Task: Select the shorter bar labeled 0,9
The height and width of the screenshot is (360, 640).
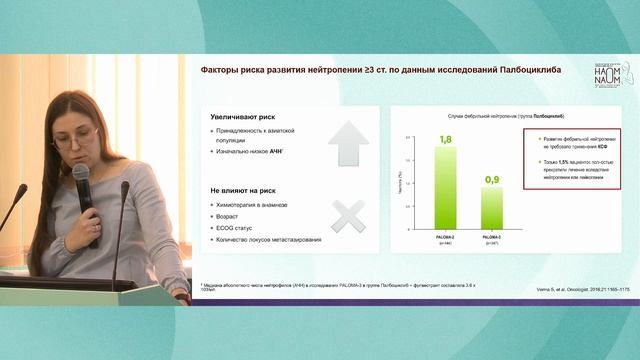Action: pos(492,207)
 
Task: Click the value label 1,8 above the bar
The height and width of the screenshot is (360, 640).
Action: pos(445,139)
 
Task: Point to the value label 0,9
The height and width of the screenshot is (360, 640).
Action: pos(492,179)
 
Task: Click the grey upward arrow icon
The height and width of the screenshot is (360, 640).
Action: pos(348,143)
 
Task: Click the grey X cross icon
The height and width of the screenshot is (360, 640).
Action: pos(348,215)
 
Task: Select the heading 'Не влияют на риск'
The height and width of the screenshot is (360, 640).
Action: pos(241,189)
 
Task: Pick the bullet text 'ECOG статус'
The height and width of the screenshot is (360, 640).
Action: pos(237,228)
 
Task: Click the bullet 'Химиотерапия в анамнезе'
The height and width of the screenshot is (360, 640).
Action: pos(253,204)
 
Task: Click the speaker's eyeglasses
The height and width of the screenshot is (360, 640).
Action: pos(78,137)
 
